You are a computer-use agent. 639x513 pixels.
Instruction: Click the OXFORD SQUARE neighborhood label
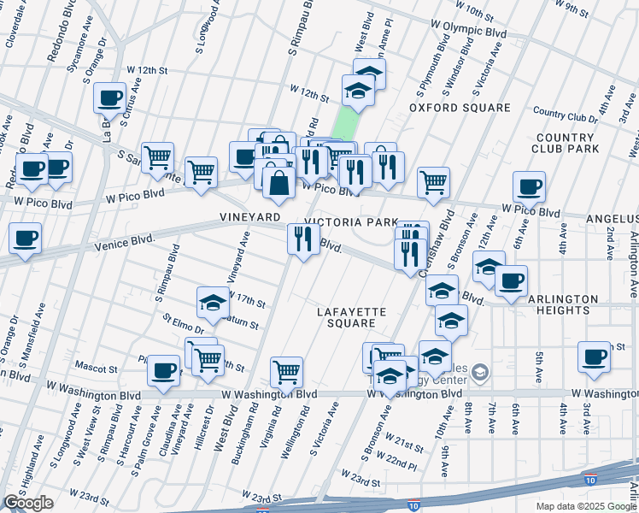tap(459, 108)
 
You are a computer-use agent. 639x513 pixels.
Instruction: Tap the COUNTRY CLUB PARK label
tap(565, 143)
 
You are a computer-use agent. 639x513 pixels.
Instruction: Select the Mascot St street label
tap(116, 369)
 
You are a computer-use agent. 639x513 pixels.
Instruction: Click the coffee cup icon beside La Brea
tap(109, 98)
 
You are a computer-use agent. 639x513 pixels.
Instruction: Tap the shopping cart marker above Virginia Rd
tap(287, 372)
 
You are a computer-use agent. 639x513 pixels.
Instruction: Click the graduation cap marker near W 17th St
tap(213, 302)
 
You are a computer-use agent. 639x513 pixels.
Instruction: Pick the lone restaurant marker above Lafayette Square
tap(303, 239)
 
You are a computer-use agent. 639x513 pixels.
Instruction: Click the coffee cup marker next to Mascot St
tap(163, 371)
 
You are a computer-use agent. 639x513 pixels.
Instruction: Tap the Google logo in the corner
tap(28, 503)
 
